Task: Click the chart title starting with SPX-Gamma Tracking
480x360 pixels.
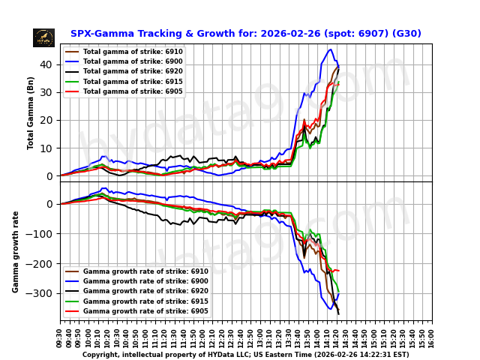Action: (245, 34)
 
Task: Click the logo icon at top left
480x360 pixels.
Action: (43, 37)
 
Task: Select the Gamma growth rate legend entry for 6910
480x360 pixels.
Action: (145, 271)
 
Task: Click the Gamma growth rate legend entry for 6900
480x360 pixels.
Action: (145, 281)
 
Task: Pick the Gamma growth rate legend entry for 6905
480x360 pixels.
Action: (145, 310)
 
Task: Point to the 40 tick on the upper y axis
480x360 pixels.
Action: (49, 64)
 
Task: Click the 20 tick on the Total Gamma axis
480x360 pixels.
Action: (49, 120)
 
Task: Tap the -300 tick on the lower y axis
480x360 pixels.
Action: (43, 293)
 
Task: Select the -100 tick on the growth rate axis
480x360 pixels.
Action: (43, 234)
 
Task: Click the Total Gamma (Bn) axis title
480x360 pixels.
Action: (31, 112)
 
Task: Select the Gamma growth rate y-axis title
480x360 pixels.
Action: (16, 251)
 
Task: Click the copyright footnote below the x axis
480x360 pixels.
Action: (245, 355)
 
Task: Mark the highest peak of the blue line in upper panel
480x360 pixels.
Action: (331, 50)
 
